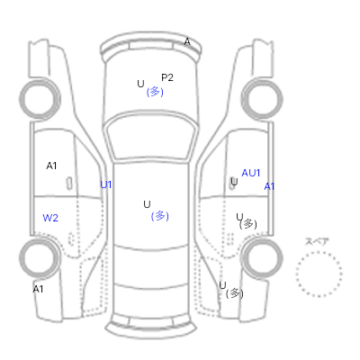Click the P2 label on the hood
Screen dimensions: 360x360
(x=167, y=77)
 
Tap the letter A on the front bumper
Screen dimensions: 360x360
(x=187, y=42)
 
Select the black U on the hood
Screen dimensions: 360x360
(x=140, y=84)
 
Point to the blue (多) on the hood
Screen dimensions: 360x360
(x=155, y=92)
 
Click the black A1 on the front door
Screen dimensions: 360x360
(x=51, y=166)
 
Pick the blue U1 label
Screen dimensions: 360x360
(x=106, y=184)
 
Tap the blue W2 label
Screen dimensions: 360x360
(x=50, y=218)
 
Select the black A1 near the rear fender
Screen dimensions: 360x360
(x=38, y=289)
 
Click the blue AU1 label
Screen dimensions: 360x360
(x=251, y=173)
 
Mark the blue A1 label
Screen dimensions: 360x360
(x=269, y=187)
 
